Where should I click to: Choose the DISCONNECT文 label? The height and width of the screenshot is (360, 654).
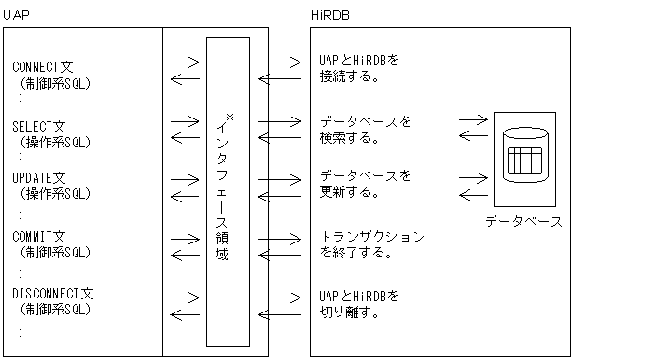pyautogui.click(x=53, y=294)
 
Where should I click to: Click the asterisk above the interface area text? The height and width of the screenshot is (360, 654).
pyautogui.click(x=230, y=116)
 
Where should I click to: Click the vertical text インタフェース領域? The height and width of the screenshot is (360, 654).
pyautogui.click(x=222, y=191)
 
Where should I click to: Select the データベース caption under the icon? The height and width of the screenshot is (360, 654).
pyautogui.click(x=523, y=222)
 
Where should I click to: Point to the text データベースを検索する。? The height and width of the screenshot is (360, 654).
pyautogui.click(x=365, y=130)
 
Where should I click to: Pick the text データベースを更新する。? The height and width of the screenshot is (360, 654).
pyautogui.click(x=365, y=184)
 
